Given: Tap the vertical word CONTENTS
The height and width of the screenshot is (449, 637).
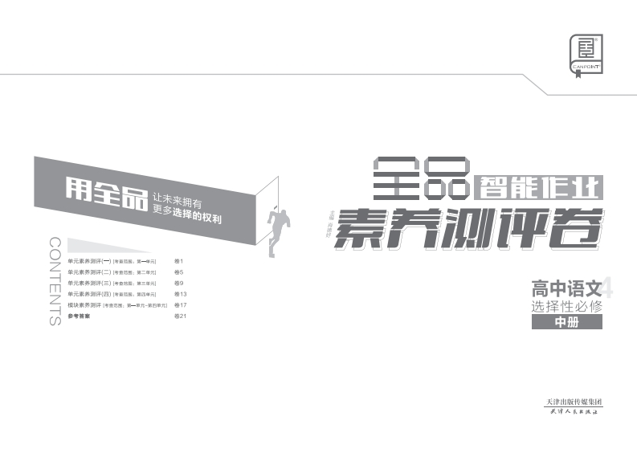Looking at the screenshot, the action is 55,281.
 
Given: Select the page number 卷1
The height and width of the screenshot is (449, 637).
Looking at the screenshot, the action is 179,261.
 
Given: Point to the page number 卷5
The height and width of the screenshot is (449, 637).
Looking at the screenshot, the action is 179,272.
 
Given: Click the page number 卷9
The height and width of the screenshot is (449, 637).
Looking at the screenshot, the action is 179,284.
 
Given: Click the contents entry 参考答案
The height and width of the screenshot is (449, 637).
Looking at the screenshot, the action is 79,317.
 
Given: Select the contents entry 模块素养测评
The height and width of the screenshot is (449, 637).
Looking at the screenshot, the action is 84,306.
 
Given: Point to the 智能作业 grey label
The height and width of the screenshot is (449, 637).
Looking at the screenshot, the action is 539,188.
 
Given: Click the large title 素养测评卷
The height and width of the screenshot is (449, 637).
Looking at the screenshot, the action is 469,227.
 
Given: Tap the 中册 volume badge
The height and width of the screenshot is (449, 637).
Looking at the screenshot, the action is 566,323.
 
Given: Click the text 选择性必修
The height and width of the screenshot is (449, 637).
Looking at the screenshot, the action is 566,306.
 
